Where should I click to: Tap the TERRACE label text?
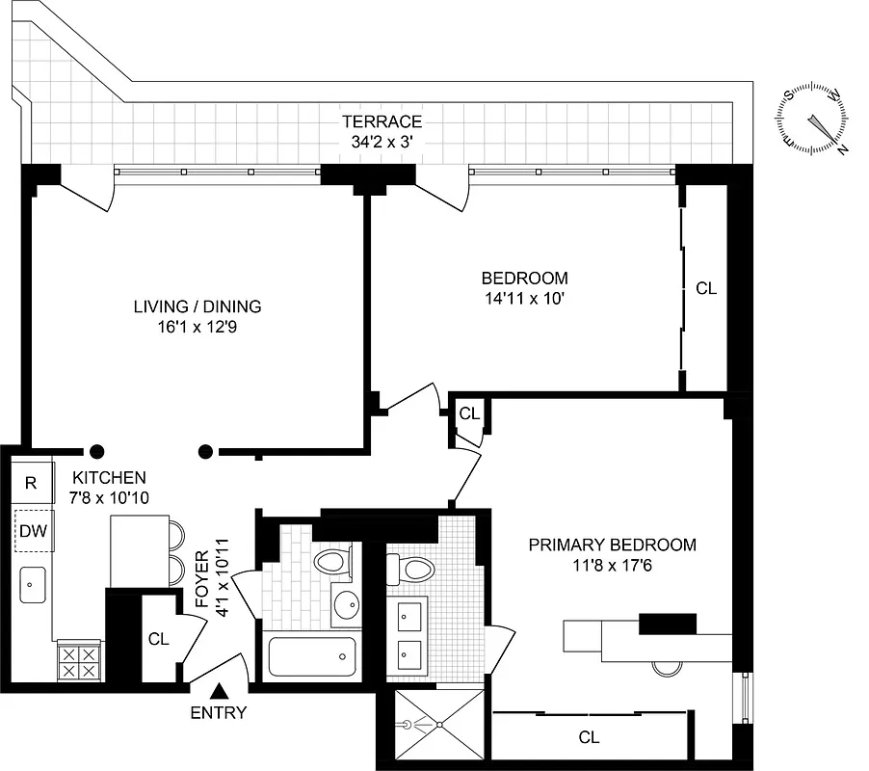[x=382, y=121]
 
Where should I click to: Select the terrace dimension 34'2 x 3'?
[x=382, y=141]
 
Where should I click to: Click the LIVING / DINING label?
[x=197, y=306]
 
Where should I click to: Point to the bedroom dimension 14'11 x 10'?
[x=524, y=298]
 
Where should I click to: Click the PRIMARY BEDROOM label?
[x=612, y=545]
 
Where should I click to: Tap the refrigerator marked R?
[x=31, y=483]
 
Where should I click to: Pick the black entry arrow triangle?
[x=220, y=691]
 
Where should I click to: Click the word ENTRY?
[x=219, y=714]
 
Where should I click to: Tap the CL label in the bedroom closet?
[x=706, y=288]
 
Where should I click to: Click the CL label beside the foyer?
[x=159, y=638]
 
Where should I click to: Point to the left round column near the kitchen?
[x=97, y=450]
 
